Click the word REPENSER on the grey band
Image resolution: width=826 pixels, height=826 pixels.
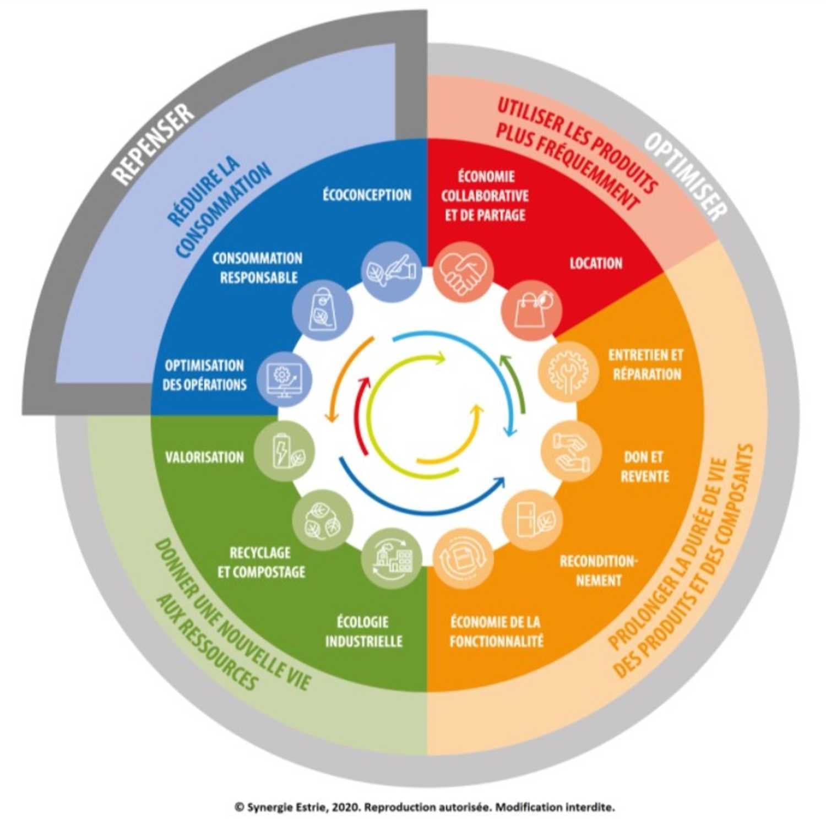click(154, 144)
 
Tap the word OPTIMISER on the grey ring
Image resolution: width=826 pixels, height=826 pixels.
click(686, 177)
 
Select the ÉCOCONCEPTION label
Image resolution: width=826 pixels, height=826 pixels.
click(367, 195)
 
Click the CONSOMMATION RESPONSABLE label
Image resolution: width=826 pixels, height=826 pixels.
click(258, 268)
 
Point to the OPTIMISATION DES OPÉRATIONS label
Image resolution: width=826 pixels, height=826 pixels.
click(204, 375)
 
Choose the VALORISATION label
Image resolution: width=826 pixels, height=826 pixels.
click(204, 457)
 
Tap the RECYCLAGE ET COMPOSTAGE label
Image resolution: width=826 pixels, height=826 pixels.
click(261, 562)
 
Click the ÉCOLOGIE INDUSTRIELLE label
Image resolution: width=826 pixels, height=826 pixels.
click(364, 632)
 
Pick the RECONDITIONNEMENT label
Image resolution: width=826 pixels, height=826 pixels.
click(598, 570)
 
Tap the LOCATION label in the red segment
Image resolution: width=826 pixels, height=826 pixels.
click(596, 263)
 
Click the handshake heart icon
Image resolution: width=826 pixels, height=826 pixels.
click(463, 271)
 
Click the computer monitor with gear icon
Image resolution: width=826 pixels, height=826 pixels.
click(282, 378)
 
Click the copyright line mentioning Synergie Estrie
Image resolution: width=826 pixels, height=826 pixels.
click(425, 807)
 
